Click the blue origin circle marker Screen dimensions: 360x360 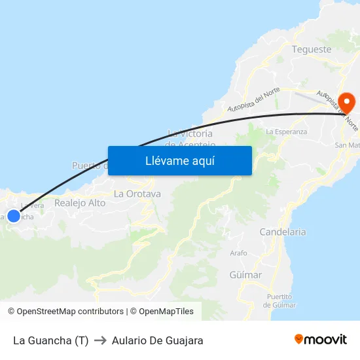click(x=14, y=215)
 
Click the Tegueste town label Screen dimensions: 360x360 click(x=312, y=50)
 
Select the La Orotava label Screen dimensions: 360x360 click(x=137, y=194)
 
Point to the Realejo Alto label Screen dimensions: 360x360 click(x=80, y=203)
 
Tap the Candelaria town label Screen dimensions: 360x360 click(x=283, y=232)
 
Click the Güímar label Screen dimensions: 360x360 click(x=246, y=275)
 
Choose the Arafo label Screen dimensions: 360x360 click(x=238, y=253)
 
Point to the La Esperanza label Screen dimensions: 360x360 click(x=287, y=132)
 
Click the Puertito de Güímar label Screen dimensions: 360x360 click(x=279, y=300)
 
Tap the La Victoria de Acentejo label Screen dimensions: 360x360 click(x=190, y=139)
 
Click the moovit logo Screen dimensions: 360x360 click(x=321, y=340)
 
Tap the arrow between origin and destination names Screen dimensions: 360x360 click(x=100, y=340)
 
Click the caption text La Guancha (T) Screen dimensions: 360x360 click(x=50, y=340)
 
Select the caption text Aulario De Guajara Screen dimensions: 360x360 click(x=158, y=340)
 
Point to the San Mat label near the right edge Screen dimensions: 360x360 click(x=347, y=145)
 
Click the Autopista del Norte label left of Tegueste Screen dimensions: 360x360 click(x=253, y=99)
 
